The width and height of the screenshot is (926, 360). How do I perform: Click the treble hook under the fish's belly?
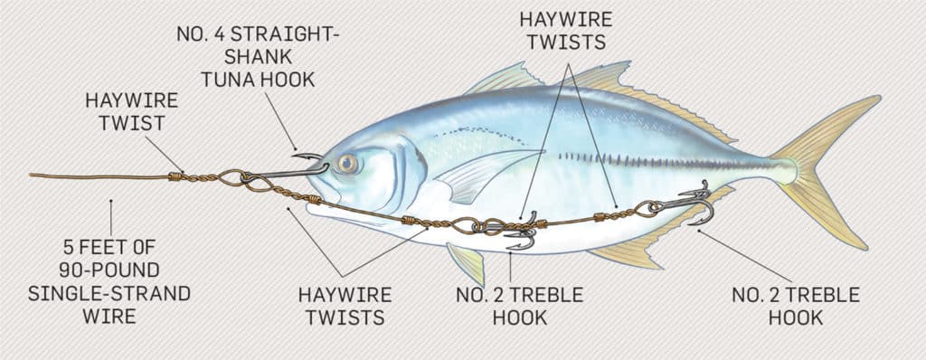click(523, 234)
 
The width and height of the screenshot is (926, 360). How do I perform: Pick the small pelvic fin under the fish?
click(468, 262)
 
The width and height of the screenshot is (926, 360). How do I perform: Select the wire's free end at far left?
click(33, 175)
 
